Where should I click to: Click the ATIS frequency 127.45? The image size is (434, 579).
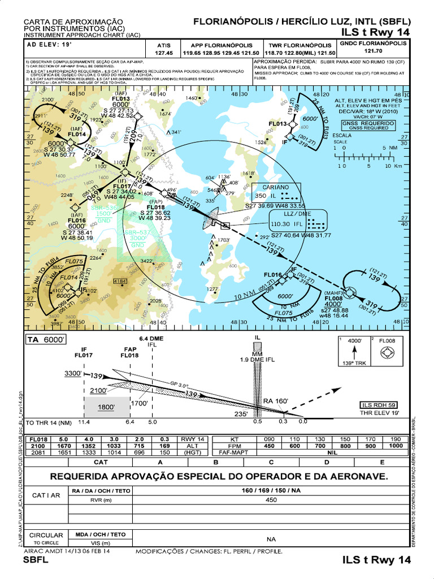164,53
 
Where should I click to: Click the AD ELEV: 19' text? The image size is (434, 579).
48,44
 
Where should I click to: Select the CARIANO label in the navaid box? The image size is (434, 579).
275,187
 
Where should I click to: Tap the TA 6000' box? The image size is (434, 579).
46,340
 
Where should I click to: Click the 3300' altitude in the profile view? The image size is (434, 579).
73,374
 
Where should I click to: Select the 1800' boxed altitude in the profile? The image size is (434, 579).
106,407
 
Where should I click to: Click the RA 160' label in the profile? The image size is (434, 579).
276,401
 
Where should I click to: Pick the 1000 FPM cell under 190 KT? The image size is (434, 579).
395,445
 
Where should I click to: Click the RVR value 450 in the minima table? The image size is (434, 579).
271,499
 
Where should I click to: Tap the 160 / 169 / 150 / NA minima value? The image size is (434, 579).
271,490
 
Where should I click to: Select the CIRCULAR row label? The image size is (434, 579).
46,534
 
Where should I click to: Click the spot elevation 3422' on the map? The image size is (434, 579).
147,261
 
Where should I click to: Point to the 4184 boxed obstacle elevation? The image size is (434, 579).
120,281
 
